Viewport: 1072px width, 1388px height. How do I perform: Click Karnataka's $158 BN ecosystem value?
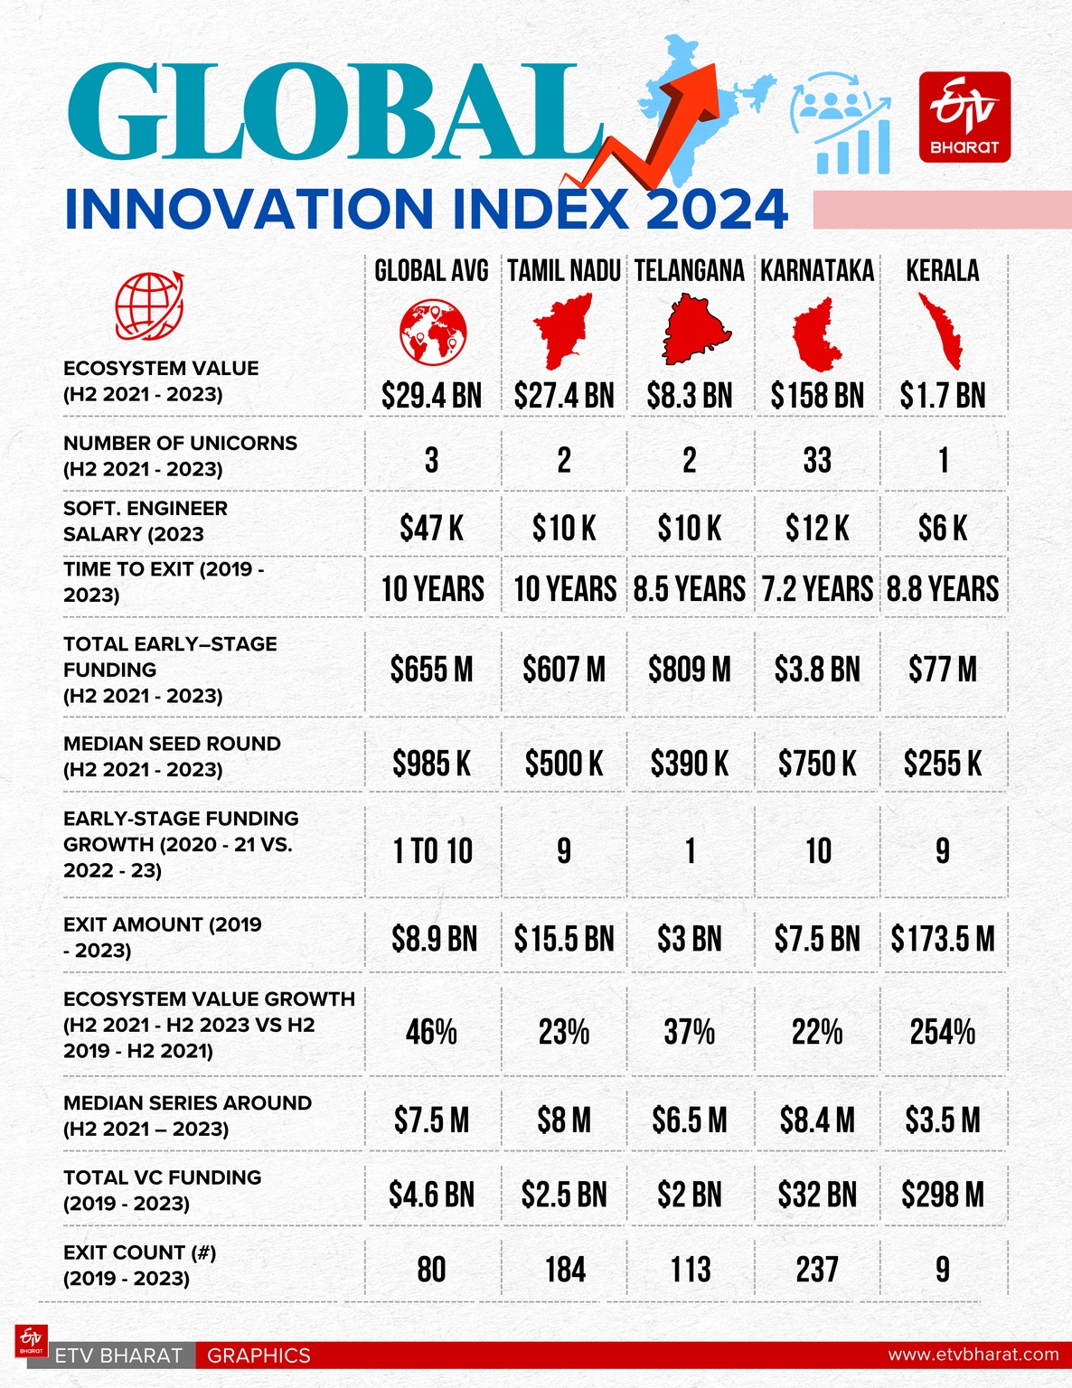[x=817, y=396]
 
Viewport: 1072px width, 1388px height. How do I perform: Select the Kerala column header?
[x=943, y=271]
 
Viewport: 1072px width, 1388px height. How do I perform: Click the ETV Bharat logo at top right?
[x=964, y=117]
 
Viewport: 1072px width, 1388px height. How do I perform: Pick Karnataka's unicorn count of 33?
[x=817, y=461]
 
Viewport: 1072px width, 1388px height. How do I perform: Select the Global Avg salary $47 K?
[x=431, y=529]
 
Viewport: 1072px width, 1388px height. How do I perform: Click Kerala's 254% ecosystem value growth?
[x=943, y=1032]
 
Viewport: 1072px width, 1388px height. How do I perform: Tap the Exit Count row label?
[x=139, y=1265]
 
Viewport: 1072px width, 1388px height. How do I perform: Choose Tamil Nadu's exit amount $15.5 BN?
[x=564, y=940]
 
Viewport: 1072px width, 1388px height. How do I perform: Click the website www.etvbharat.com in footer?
[x=973, y=1355]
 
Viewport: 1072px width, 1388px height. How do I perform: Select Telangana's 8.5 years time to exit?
[x=689, y=589]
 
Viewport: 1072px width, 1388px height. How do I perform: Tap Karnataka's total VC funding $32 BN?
[x=817, y=1196]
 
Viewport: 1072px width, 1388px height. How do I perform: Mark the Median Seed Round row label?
[x=172, y=756]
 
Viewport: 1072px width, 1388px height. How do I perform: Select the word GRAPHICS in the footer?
[x=259, y=1355]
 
